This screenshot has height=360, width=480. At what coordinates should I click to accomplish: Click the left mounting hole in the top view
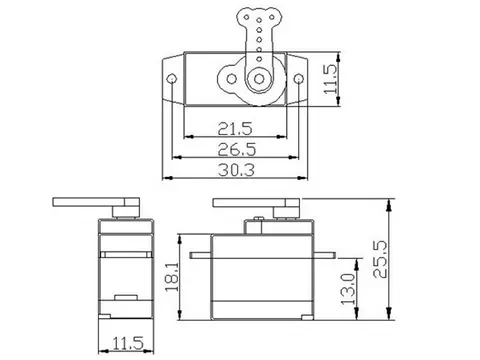click(171, 78)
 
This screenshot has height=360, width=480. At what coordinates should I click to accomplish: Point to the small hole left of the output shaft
click(234, 78)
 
